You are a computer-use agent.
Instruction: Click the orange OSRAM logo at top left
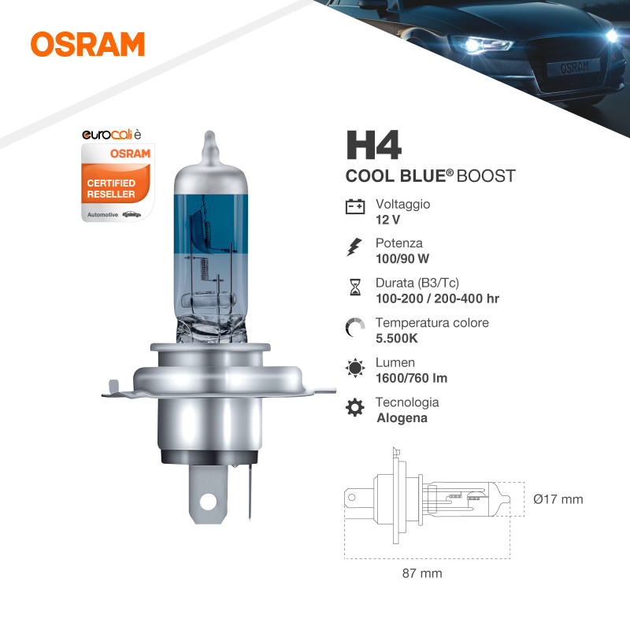coord(87,44)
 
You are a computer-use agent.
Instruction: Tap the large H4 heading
coord(373,145)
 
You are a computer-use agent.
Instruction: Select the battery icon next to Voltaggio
coord(355,206)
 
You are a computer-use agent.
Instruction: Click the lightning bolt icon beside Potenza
coord(354,247)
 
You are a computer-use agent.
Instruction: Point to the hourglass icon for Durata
coord(355,287)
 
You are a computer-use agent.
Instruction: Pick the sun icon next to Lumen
coord(355,368)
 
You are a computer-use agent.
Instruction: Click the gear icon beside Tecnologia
coord(355,407)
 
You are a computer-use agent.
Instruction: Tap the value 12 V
coord(387,220)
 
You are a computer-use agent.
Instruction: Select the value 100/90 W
coord(402,259)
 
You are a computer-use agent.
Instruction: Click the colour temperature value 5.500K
coord(397,339)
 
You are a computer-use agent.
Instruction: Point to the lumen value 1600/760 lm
coord(411,378)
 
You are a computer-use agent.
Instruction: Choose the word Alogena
coord(402,418)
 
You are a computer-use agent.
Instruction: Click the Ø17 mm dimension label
coord(558,499)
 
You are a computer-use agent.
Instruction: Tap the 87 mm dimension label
coord(422,573)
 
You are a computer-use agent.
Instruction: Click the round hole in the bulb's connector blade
coord(208,502)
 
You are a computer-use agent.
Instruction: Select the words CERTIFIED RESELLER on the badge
coord(111,188)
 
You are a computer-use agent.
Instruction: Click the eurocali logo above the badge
coord(112,135)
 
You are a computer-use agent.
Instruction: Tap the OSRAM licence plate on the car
coord(574,68)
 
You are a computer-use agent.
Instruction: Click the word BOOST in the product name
coord(486,176)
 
